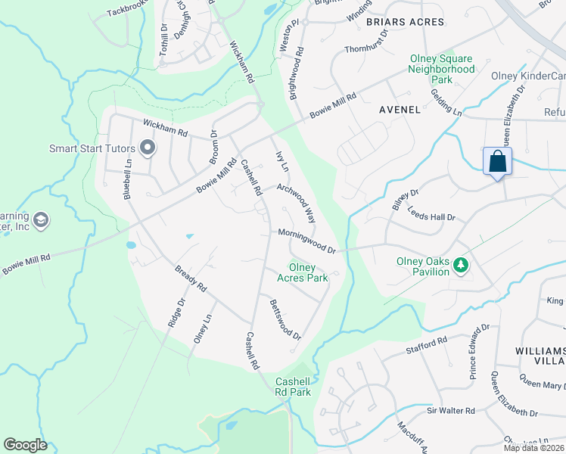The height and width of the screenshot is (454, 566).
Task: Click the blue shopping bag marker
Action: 497,162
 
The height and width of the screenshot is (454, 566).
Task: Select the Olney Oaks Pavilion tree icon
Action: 459,265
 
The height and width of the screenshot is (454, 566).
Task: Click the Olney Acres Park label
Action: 307,272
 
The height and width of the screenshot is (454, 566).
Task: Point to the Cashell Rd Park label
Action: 293,387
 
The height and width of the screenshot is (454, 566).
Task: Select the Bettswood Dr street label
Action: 285,319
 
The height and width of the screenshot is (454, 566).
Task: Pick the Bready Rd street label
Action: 191,278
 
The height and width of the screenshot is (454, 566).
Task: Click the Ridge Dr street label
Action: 176,313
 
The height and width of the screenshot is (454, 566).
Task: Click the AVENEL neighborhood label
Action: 400,110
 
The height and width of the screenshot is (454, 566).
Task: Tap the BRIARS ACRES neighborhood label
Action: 405,22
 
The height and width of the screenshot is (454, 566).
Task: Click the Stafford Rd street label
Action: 427,344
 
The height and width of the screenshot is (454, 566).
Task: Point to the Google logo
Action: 25,445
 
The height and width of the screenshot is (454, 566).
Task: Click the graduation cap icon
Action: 42,219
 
